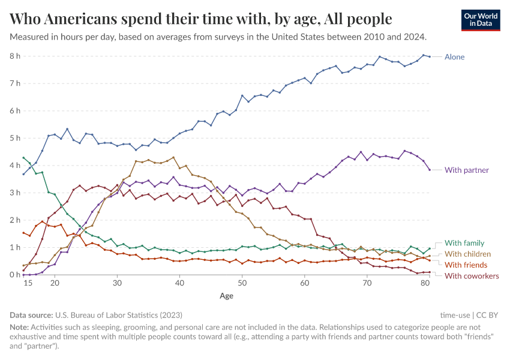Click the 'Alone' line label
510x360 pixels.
[x=454, y=57]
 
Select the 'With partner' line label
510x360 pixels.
[x=467, y=170]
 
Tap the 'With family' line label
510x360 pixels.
[x=465, y=243]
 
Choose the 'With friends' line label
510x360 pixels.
[x=466, y=265]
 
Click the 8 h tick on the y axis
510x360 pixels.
[x=14, y=56]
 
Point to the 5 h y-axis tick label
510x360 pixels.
[x=14, y=138]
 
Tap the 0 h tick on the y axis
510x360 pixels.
[x=14, y=275]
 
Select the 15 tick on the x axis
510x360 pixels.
[x=27, y=283]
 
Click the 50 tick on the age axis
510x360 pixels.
[x=242, y=283]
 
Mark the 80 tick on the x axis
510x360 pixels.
[x=424, y=283]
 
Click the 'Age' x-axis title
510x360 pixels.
[x=226, y=296]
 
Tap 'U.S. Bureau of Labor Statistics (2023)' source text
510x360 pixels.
[x=119, y=314]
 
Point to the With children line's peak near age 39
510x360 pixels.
[x=173, y=158]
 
